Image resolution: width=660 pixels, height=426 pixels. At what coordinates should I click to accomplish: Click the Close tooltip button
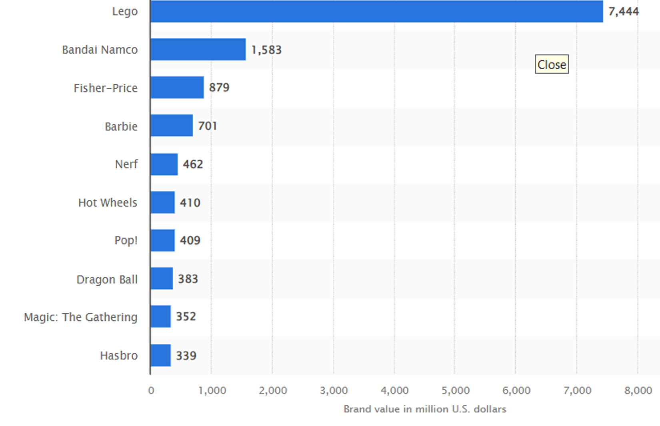(552, 64)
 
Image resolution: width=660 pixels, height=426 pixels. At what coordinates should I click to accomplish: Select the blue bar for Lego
(376, 11)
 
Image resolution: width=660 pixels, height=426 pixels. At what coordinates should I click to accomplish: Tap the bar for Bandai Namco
(198, 50)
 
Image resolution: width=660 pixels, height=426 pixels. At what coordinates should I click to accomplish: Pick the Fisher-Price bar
(177, 87)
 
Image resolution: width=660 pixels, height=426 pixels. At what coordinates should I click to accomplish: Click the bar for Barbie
(172, 126)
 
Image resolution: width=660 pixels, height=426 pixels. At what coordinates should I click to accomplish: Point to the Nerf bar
(164, 164)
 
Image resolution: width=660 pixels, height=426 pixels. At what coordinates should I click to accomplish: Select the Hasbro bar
(161, 355)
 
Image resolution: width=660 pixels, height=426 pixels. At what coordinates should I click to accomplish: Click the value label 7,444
(624, 11)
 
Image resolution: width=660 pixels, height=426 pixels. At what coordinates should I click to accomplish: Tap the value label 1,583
(266, 50)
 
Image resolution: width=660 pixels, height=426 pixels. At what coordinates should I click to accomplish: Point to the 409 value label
(190, 240)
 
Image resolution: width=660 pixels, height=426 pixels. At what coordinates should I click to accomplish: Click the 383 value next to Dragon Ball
(188, 279)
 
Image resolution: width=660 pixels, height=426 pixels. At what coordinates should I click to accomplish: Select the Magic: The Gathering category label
(80, 317)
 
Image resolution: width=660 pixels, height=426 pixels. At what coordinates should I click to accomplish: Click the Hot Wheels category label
(108, 203)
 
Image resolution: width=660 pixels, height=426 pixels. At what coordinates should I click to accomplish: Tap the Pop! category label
(126, 240)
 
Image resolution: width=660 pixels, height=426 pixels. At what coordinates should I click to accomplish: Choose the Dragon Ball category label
(107, 279)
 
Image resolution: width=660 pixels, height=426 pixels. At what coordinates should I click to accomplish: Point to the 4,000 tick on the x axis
(394, 390)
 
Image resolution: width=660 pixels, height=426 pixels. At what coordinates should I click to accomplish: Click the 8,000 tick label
(638, 390)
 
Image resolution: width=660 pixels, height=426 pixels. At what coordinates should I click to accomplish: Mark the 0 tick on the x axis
(151, 390)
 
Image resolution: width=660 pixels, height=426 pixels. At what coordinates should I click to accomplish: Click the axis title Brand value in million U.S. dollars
(425, 409)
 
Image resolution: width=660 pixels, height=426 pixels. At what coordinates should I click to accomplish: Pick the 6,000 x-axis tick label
(516, 390)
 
